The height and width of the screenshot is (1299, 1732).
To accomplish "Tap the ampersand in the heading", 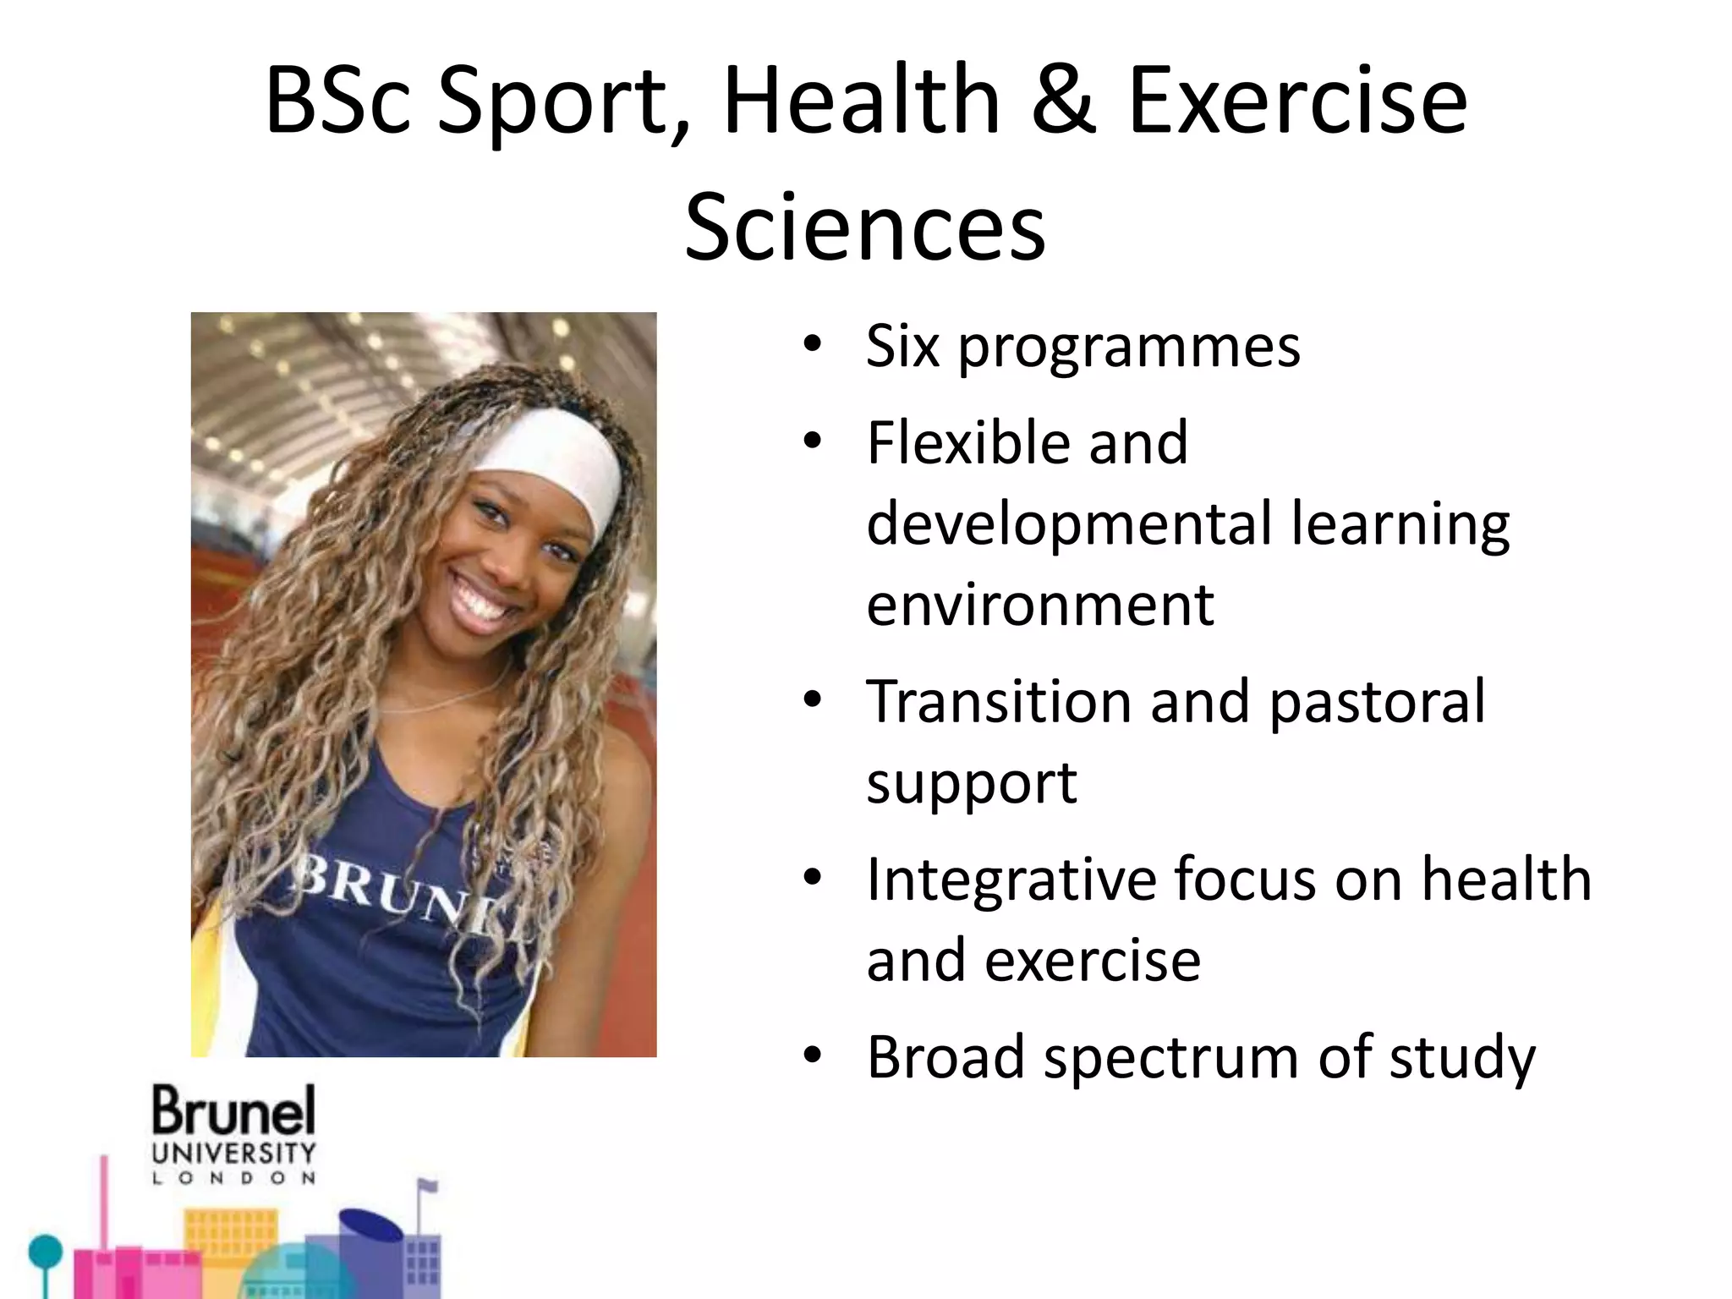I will click(1064, 101).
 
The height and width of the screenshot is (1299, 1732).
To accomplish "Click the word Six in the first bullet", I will click(902, 346).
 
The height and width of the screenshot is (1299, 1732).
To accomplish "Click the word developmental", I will click(1069, 523).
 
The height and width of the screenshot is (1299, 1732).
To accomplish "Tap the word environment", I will click(1040, 605).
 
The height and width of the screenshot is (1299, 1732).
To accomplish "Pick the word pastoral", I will click(1377, 703).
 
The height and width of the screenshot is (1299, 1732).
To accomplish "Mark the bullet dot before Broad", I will click(813, 1056).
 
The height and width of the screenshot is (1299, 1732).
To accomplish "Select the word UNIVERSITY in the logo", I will click(233, 1153).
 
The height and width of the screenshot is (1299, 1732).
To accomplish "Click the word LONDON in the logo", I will click(233, 1178).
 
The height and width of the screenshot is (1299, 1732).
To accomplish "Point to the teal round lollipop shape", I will click(45, 1251).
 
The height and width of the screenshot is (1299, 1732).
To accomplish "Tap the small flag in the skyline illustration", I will click(429, 1186).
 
